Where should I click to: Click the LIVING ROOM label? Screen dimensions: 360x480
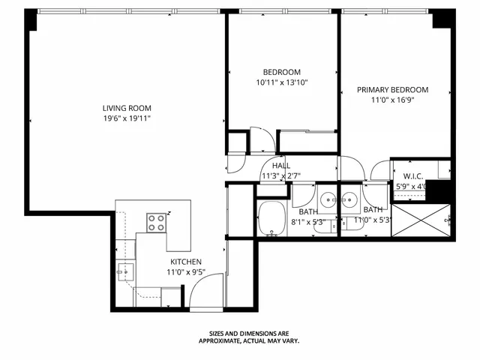tap(127, 107)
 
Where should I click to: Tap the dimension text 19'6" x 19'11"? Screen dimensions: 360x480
tap(127, 118)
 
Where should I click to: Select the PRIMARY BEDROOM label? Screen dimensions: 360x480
tap(392, 89)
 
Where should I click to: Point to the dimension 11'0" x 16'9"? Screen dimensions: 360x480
tap(392, 100)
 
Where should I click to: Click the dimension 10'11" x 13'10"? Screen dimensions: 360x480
tap(282, 82)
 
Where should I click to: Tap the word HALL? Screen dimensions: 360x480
tap(281, 166)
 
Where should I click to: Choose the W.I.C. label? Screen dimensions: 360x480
tap(412, 176)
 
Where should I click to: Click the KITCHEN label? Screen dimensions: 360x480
tap(185, 262)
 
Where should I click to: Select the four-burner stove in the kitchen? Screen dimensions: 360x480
tap(157, 222)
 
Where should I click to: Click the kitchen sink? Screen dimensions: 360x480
tap(124, 271)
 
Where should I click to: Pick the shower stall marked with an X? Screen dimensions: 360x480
tap(422, 220)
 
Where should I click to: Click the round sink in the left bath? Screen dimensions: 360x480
tap(327, 200)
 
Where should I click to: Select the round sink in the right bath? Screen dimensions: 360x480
tap(349, 200)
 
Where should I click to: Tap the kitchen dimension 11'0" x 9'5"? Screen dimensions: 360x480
tap(185, 272)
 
